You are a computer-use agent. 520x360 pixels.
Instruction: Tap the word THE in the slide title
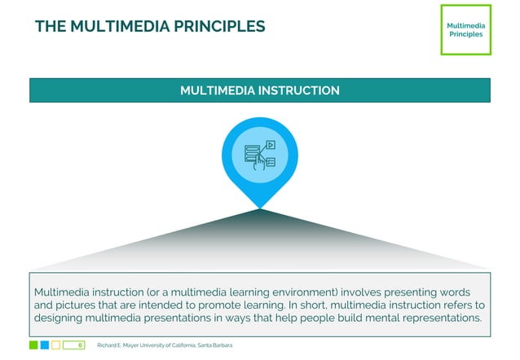coord(51,26)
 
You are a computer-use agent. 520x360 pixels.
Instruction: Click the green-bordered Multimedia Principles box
coord(465,29)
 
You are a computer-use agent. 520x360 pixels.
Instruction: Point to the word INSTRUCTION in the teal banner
coord(299,90)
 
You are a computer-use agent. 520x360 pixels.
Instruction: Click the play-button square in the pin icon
coord(271,145)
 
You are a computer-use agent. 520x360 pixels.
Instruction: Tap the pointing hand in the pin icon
coord(259,160)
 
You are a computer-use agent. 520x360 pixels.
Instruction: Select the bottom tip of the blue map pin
coord(260,206)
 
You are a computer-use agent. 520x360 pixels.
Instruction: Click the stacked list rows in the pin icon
coord(251,151)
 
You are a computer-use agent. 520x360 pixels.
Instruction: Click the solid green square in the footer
coord(33,345)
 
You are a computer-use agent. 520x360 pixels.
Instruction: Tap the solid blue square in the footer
coord(45,345)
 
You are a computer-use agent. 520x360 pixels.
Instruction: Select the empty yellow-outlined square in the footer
coord(56,345)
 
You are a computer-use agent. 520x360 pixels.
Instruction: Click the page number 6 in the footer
coord(80,345)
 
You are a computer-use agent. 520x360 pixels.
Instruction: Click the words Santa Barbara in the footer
coord(214,345)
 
